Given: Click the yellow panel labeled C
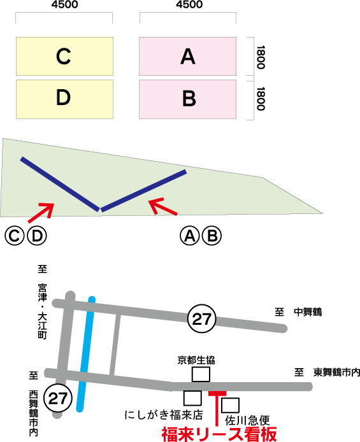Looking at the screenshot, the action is [64, 57].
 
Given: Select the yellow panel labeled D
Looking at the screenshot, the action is [64, 99].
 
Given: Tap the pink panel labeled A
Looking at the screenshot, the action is [188, 57].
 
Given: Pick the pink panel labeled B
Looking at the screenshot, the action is [188, 99].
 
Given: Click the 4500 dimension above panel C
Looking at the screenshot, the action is [64, 4].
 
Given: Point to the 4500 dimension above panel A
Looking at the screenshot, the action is [189, 4].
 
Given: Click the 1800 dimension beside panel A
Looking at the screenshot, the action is [261, 57].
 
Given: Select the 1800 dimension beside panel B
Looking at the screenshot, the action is [261, 99].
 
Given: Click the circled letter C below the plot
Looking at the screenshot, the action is [14, 236].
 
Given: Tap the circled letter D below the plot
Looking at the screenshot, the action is [37, 236].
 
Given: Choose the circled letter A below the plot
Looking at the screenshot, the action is [189, 236].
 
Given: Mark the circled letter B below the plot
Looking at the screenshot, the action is [212, 236].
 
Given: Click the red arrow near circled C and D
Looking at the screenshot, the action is [41, 213].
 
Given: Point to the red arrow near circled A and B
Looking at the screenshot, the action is [163, 206].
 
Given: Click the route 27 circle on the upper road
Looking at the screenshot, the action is [201, 318].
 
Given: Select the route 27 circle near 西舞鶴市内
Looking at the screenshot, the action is [58, 398].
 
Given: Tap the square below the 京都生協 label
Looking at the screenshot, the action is [201, 374].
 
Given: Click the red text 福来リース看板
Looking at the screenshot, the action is [219, 434].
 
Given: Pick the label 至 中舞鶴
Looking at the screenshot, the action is [298, 312].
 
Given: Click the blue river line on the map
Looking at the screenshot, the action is [86, 354].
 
